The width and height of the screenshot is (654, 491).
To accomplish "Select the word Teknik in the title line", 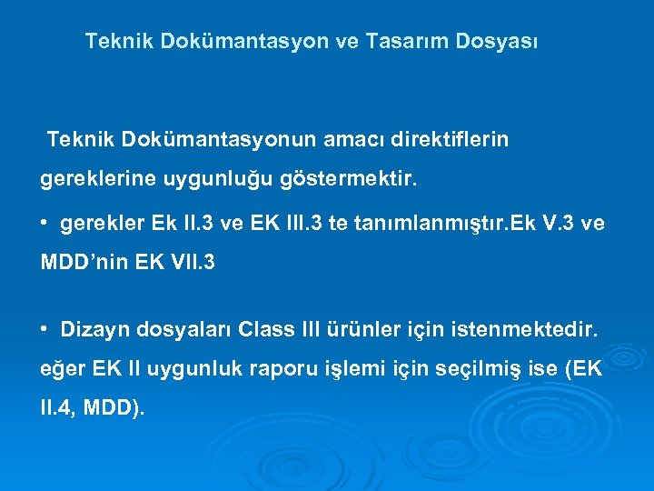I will coord(115,42).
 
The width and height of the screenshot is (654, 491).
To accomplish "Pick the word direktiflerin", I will coord(451,140).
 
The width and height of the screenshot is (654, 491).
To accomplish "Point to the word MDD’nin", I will coord(82,264).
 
